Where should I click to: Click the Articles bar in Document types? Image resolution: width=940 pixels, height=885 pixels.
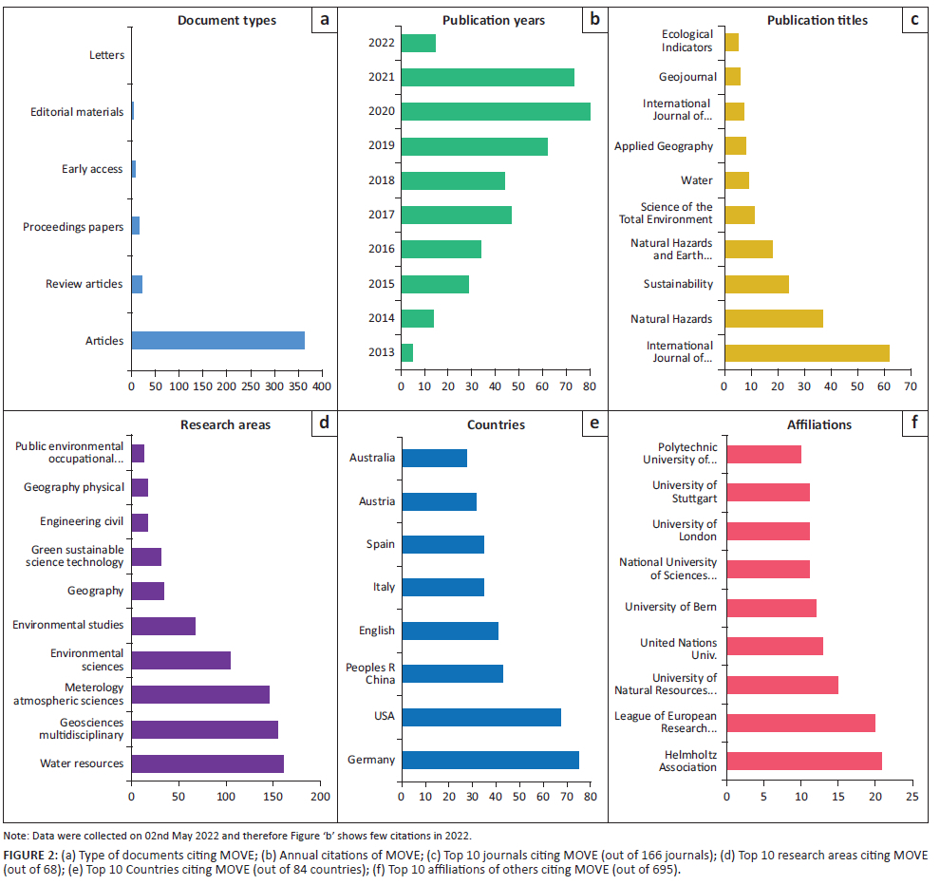(x=217, y=340)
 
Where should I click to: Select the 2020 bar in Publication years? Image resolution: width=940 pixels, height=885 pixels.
(x=495, y=111)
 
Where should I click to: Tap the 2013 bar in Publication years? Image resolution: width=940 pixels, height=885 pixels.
(x=406, y=353)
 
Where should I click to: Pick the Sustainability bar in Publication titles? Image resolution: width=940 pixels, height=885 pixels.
(x=756, y=284)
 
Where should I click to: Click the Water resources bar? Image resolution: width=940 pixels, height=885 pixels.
(x=207, y=763)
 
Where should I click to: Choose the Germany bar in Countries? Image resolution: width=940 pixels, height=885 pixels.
(x=490, y=760)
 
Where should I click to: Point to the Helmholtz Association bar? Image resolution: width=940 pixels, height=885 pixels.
(x=803, y=761)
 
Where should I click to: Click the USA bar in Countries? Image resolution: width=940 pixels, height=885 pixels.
(x=480, y=717)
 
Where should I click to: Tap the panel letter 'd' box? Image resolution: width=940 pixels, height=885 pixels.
(x=323, y=423)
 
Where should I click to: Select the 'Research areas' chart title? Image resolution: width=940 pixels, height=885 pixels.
(x=225, y=424)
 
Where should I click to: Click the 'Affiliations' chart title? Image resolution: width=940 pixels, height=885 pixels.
(x=819, y=424)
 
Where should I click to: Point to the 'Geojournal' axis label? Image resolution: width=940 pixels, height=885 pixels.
(x=686, y=77)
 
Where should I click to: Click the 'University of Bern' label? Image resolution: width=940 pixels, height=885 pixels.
(x=670, y=607)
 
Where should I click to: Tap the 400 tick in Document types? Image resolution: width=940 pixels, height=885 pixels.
(x=321, y=387)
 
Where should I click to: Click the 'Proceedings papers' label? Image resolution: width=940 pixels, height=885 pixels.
(x=73, y=227)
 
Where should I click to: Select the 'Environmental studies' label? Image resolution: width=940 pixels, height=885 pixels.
(x=68, y=625)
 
